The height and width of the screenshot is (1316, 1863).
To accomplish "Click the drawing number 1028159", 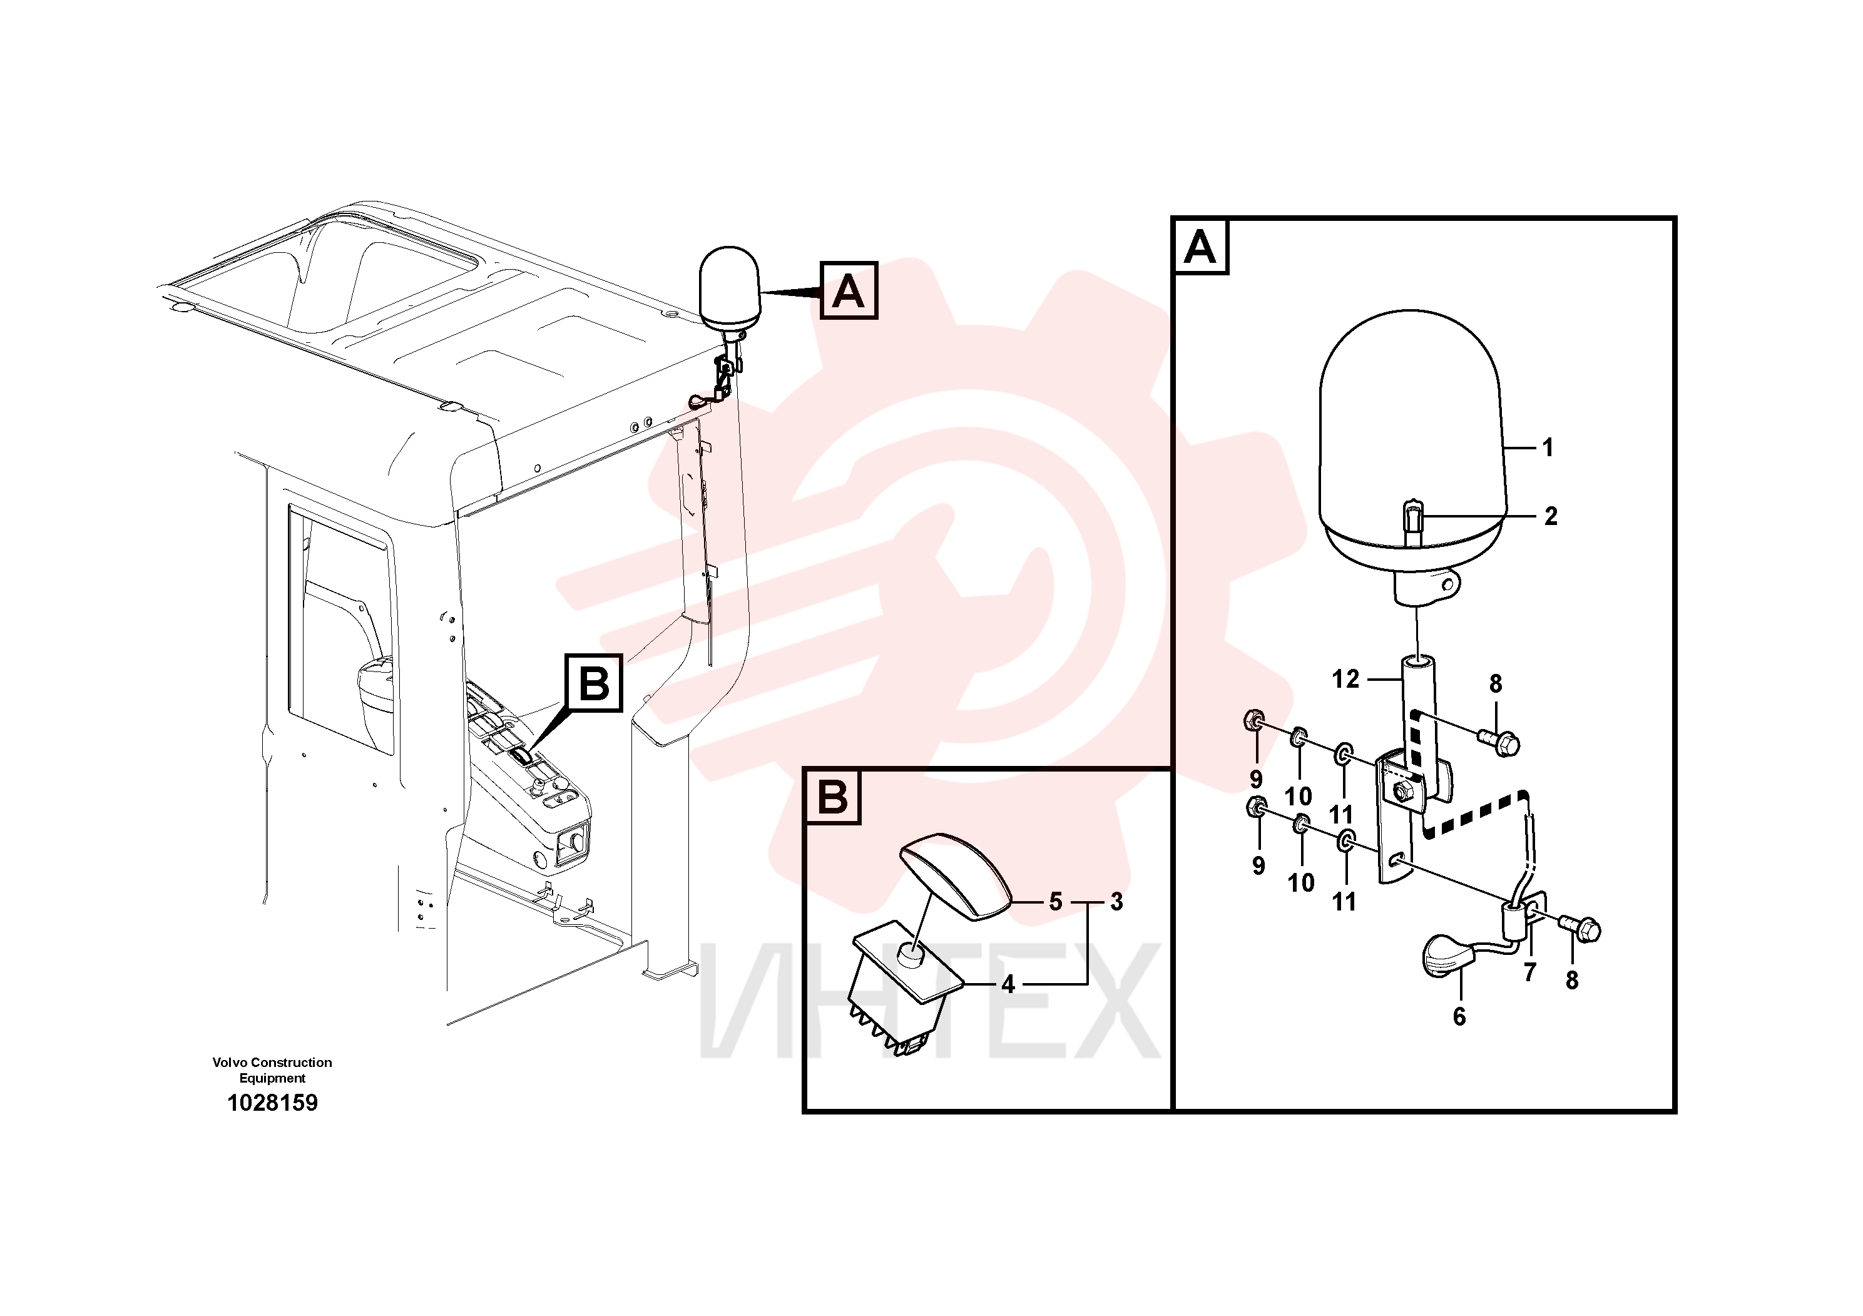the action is pos(273,1103).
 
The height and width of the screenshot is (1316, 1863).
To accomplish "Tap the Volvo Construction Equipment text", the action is pos(273,1070).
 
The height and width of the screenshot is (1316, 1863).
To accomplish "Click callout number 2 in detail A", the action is pos(1551,516).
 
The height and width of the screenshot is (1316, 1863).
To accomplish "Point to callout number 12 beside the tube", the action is pos(1345,678).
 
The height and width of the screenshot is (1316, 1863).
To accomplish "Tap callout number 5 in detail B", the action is pos(1055,901).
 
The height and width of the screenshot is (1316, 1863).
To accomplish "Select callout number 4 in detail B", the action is pos(1008,984).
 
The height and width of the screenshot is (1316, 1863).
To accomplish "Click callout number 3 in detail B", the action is pos(1116,901).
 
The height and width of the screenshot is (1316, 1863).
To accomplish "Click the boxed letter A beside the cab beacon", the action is pos(849,290).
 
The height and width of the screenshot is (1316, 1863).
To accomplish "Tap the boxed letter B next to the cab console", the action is pos(594,683).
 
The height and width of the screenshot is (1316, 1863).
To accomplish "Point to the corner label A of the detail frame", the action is pos(1200,247).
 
